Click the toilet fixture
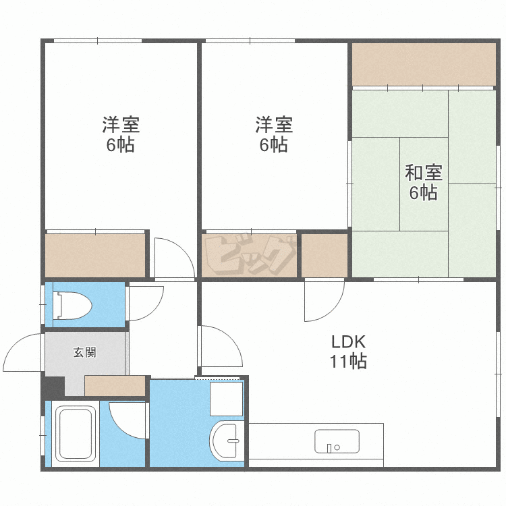tap(72, 306)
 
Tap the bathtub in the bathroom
tap(76, 433)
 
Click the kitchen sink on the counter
tap(337, 441)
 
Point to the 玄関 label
tap(84, 352)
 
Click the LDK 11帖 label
tap(348, 352)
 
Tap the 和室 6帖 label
tap(424, 182)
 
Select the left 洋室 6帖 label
tap(121, 134)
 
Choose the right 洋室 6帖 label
tap(274, 134)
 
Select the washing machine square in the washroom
tap(226, 399)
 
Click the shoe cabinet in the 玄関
tap(115, 386)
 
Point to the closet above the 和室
tap(424, 64)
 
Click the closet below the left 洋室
tap(95, 256)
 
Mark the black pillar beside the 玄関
tap(53, 387)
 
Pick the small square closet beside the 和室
tap(325, 255)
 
